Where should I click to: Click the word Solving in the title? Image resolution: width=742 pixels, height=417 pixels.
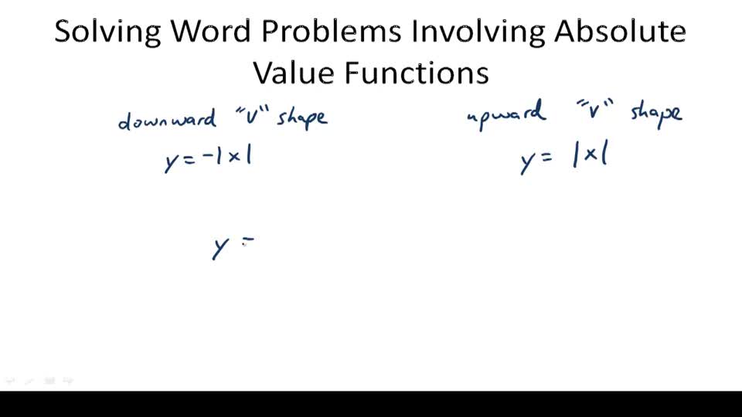pyautogui.click(x=107, y=32)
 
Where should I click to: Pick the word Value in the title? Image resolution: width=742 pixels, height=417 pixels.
pyautogui.click(x=294, y=73)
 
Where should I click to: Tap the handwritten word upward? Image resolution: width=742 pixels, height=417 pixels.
pyautogui.click(x=507, y=115)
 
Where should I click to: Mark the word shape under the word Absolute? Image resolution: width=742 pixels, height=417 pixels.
pyautogui.click(x=656, y=114)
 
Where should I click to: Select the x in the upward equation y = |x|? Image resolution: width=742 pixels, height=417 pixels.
pyautogui.click(x=591, y=157)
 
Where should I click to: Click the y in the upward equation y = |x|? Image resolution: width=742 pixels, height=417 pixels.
pyautogui.click(x=528, y=162)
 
